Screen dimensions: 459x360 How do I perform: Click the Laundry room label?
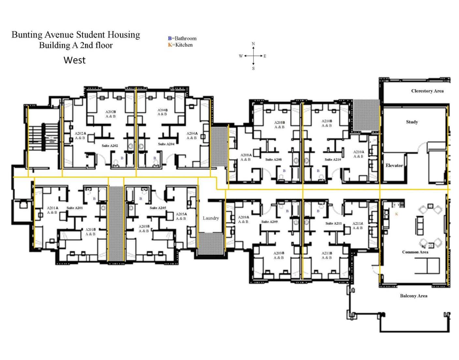[211, 218]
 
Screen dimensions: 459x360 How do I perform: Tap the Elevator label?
[394, 166]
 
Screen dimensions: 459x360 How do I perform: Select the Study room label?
[412, 122]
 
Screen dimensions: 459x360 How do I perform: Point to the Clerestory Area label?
[427, 91]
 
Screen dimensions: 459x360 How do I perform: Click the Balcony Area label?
[413, 296]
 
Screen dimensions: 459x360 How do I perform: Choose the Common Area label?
[415, 252]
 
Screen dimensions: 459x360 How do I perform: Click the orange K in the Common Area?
[396, 214]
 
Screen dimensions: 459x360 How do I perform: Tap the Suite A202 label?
[110, 146]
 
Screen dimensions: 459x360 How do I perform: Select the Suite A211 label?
[333, 223]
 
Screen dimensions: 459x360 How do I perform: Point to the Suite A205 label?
[158, 208]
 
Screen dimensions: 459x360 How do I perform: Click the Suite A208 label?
[273, 160]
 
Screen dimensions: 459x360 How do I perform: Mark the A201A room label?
[52, 208]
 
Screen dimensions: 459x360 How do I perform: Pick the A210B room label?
[327, 121]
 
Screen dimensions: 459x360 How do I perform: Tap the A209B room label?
[279, 253]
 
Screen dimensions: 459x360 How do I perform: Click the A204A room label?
[192, 133]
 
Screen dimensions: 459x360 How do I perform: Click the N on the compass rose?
[253, 44]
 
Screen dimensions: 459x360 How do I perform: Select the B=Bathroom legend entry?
[182, 38]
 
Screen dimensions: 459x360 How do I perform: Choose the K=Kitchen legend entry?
[180, 45]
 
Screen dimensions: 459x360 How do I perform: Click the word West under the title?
[75, 60]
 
